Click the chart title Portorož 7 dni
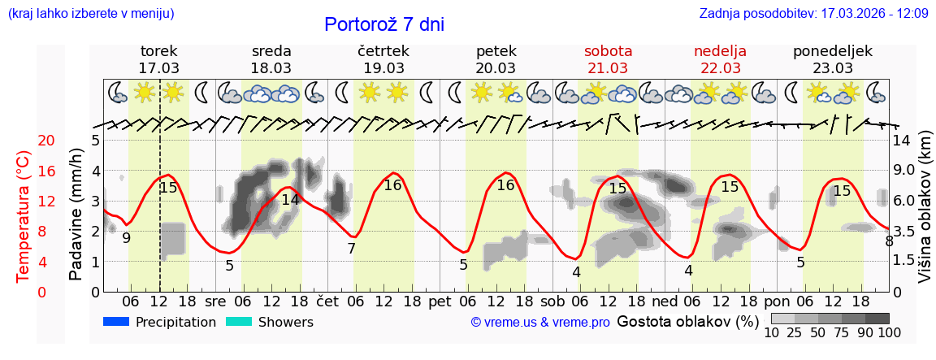(384, 24)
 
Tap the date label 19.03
(383, 68)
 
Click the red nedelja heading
(720, 51)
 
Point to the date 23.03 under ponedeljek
(833, 68)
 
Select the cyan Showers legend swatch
(240, 322)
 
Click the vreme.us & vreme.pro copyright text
(540, 323)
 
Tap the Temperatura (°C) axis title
(24, 216)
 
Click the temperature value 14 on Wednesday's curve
(290, 199)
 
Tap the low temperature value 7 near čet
(351, 249)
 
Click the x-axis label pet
(440, 301)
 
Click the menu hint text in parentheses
(91, 14)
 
